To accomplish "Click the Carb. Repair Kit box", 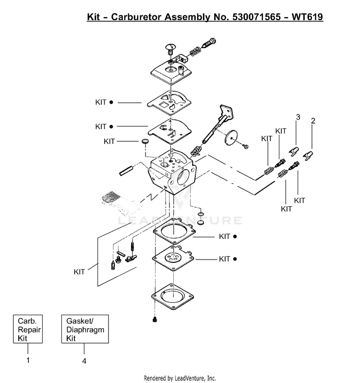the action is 28,329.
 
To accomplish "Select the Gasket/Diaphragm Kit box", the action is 85,329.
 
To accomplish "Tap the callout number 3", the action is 298,117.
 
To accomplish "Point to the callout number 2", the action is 313,121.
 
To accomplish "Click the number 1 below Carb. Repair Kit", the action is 28,360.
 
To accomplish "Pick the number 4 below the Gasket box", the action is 84,361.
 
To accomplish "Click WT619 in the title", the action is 307,17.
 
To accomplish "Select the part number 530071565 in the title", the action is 256,17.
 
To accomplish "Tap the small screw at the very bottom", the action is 155,319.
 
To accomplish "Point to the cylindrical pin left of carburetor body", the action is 126,171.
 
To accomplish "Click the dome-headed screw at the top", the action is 170,49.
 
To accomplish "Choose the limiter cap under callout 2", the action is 308,156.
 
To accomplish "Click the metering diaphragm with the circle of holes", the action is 173,258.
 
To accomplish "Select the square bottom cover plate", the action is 172,297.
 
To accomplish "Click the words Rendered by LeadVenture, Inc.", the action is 180,378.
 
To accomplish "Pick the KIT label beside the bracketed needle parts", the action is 79,272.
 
